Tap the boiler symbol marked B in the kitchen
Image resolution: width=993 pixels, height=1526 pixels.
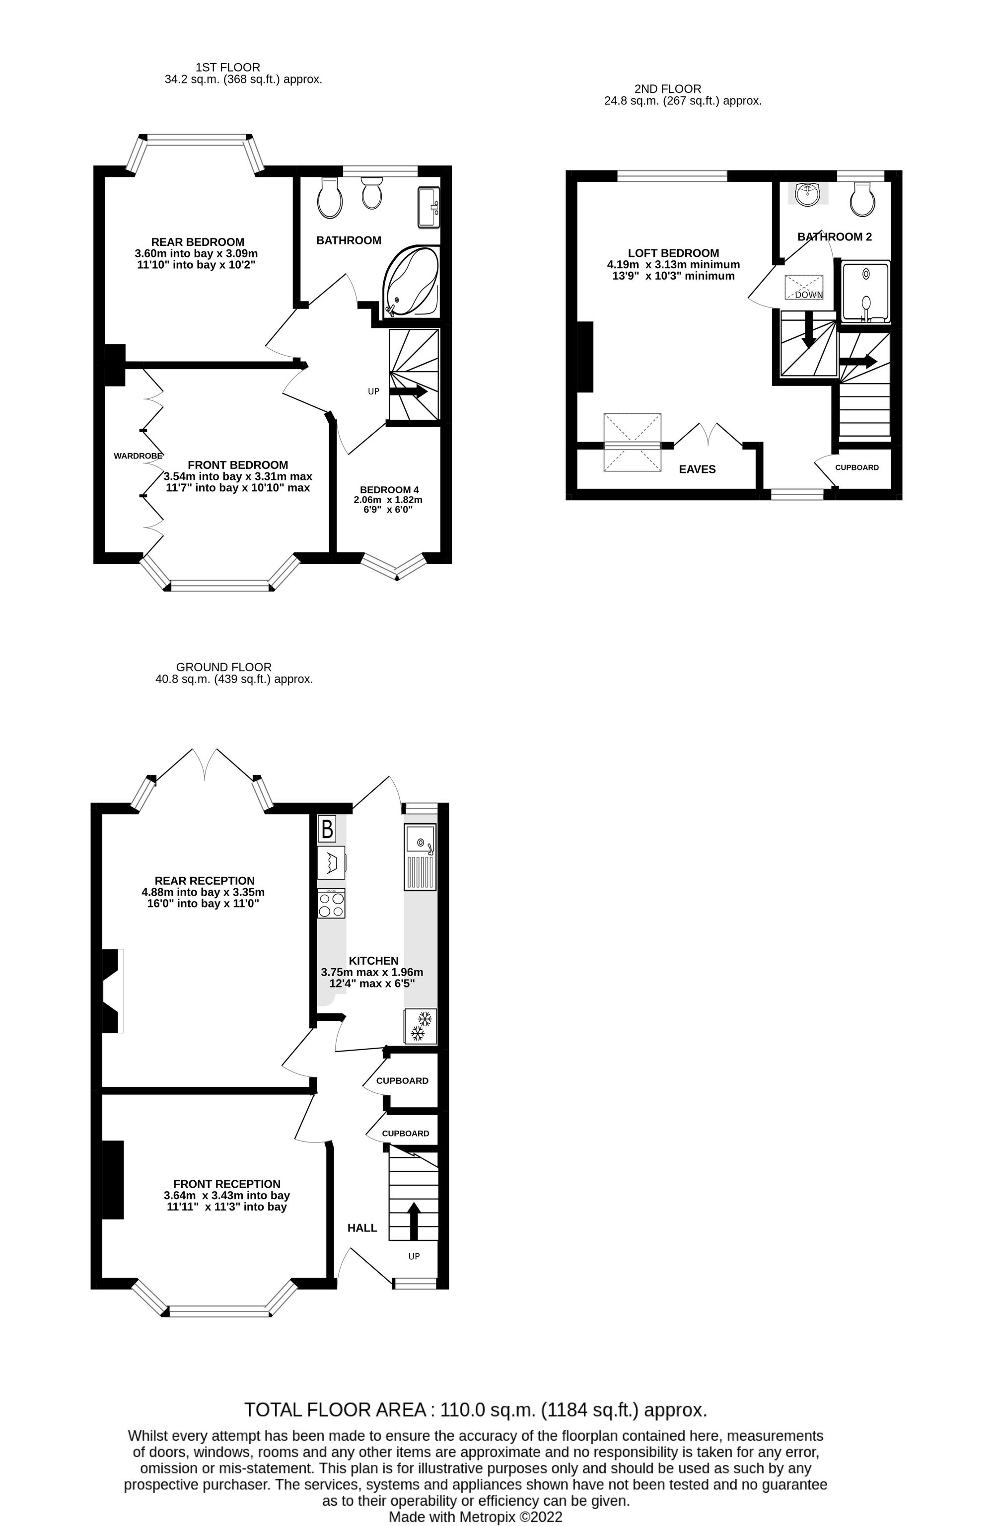pyautogui.click(x=327, y=829)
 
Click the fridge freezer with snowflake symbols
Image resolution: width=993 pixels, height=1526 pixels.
pyautogui.click(x=420, y=1026)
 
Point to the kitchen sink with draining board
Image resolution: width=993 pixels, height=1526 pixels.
pyautogui.click(x=420, y=856)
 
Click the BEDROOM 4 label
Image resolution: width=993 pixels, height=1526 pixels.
pyautogui.click(x=389, y=490)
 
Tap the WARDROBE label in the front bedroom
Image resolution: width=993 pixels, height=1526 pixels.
pyautogui.click(x=138, y=456)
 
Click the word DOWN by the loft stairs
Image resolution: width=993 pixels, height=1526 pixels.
pyautogui.click(x=808, y=295)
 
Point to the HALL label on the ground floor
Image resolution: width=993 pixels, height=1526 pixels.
pyautogui.click(x=362, y=1228)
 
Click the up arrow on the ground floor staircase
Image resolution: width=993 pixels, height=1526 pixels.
pyautogui.click(x=414, y=1220)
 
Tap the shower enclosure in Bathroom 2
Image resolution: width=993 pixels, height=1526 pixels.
pyautogui.click(x=865, y=291)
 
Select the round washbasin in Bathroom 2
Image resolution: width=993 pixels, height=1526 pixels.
pyautogui.click(x=808, y=194)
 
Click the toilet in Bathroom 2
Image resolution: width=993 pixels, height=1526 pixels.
pyautogui.click(x=862, y=198)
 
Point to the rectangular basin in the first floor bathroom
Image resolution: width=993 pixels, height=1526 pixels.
pyautogui.click(x=429, y=207)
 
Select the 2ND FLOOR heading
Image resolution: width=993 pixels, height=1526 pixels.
pyautogui.click(x=668, y=88)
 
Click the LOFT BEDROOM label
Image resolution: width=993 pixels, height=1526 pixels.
pyautogui.click(x=673, y=253)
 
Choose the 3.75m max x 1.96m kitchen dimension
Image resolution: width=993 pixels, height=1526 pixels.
pyautogui.click(x=372, y=972)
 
